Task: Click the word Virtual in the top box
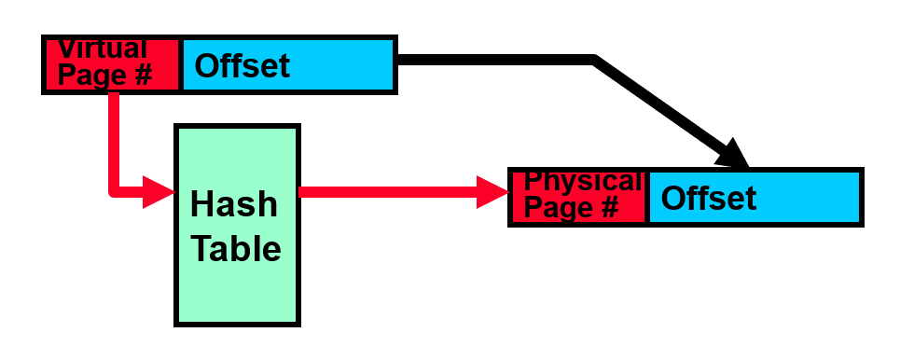coord(103,48)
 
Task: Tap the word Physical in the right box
coord(583,181)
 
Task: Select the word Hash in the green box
coord(233,203)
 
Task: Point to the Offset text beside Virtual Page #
coord(242,65)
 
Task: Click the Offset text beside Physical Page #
coord(709,198)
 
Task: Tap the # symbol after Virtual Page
coord(142,75)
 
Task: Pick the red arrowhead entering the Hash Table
coord(159,193)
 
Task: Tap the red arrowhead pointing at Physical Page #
coord(492,193)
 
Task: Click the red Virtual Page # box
coord(112,64)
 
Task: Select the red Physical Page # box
coord(578,197)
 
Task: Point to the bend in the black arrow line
coord(594,61)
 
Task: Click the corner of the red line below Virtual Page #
coord(113,192)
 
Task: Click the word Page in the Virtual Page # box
coord(93,75)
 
